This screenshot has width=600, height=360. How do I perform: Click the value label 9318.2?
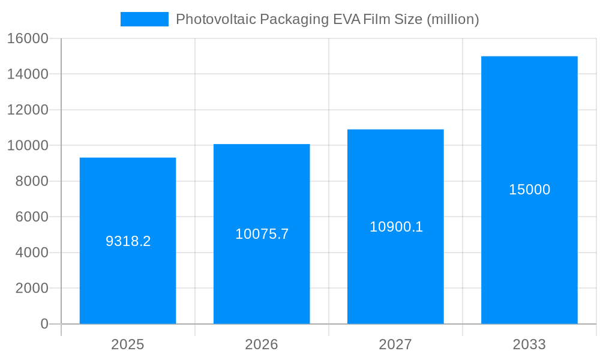click(128, 241)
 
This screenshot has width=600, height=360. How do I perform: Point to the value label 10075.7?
click(262, 234)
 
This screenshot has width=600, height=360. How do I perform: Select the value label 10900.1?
click(396, 227)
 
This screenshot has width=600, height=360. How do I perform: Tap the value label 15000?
click(529, 190)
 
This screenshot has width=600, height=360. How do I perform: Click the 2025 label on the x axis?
click(128, 344)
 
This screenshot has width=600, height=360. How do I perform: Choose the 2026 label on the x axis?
click(262, 344)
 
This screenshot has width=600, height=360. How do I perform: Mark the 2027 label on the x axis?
click(395, 344)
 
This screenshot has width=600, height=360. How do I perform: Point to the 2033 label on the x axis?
click(529, 344)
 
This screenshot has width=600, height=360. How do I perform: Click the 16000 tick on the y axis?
click(27, 38)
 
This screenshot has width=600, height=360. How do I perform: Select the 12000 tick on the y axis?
click(27, 110)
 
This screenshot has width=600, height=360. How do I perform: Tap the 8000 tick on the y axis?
click(31, 181)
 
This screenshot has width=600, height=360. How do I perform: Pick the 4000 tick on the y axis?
click(31, 253)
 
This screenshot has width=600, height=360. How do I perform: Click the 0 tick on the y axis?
click(44, 324)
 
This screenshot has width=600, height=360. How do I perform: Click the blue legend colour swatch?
click(145, 19)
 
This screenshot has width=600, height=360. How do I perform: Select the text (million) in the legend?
click(452, 19)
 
